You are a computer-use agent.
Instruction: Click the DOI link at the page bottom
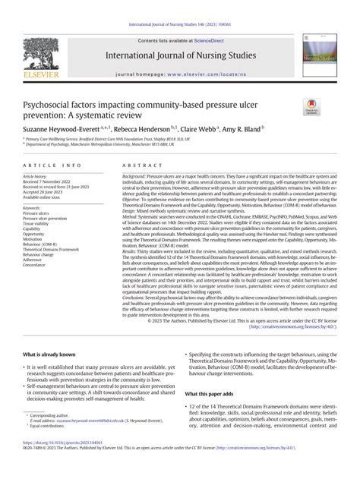point(56,463)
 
